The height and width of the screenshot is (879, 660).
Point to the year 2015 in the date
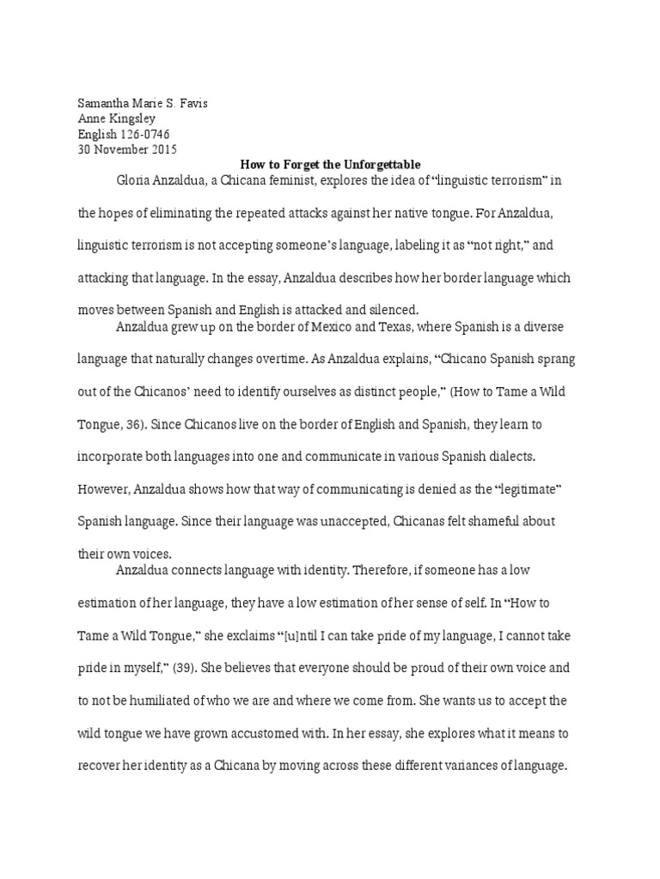coord(162,149)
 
